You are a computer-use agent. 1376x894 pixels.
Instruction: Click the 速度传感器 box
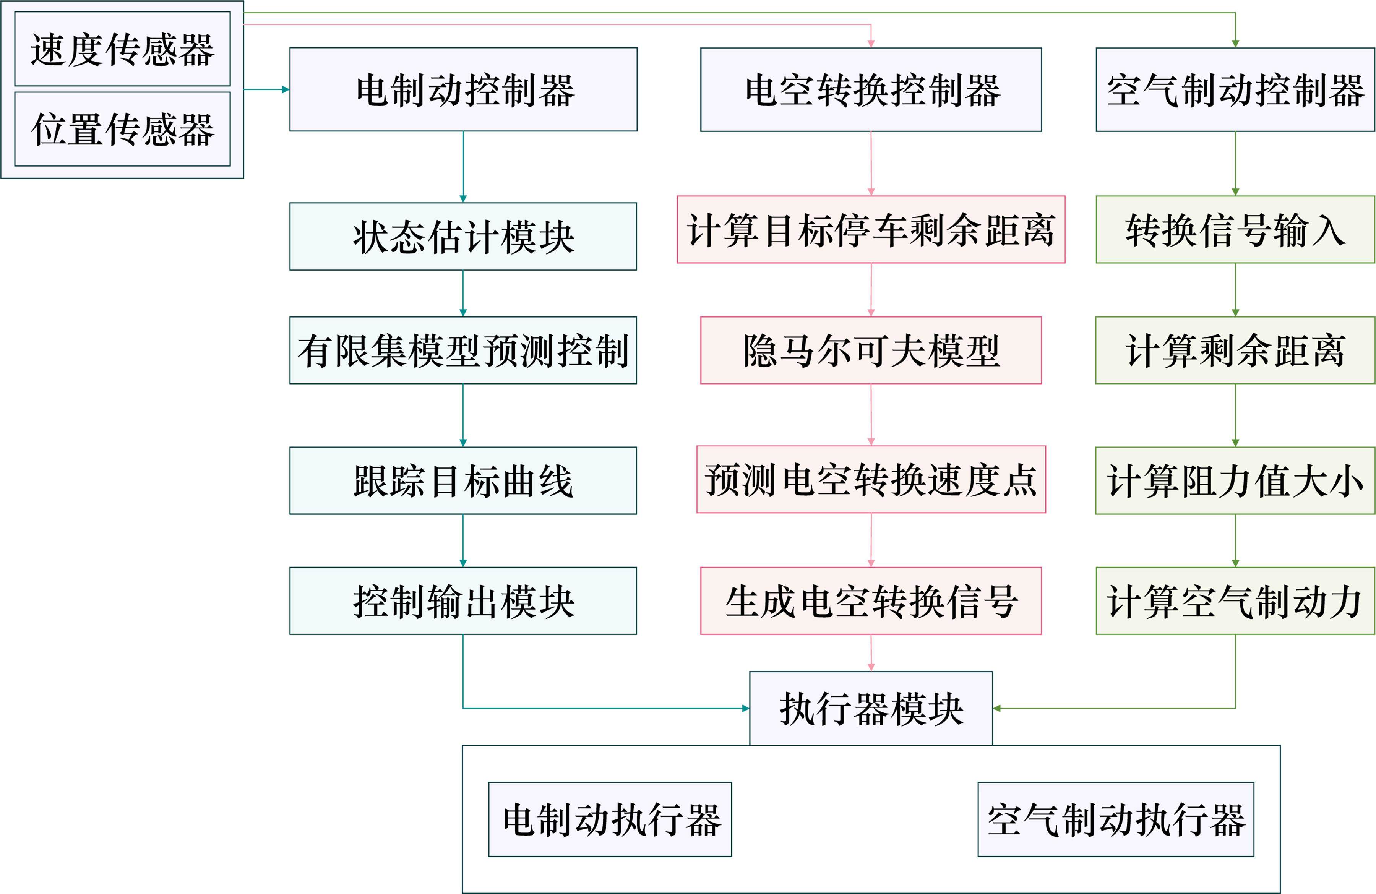(122, 49)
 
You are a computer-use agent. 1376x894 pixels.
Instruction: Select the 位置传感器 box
(122, 129)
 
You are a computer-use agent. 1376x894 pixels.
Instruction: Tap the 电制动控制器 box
(463, 90)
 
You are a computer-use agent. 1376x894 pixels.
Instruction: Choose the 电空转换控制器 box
(871, 90)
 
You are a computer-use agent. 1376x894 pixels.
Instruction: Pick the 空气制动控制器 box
(1235, 90)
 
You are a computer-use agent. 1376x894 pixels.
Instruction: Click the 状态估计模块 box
(463, 237)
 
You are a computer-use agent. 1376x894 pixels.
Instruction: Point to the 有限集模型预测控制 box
(463, 350)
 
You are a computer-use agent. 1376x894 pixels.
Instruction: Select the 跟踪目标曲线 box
(463, 480)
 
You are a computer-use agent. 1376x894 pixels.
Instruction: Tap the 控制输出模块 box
(463, 601)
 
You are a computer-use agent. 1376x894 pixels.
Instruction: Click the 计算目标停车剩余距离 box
(871, 230)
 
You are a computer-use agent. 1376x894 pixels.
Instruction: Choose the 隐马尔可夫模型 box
(871, 350)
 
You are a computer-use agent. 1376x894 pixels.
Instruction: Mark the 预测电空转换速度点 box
(871, 479)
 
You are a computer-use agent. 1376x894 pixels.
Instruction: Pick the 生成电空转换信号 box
(871, 601)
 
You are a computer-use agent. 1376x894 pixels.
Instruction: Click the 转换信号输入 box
(1235, 230)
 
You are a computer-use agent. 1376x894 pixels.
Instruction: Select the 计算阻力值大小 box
(1235, 480)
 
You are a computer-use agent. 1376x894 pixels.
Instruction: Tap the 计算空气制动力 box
(1235, 601)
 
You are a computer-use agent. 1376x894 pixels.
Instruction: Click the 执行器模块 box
(871, 708)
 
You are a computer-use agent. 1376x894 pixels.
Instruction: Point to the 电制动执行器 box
(610, 819)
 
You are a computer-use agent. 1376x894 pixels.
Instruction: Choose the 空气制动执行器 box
(1116, 819)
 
